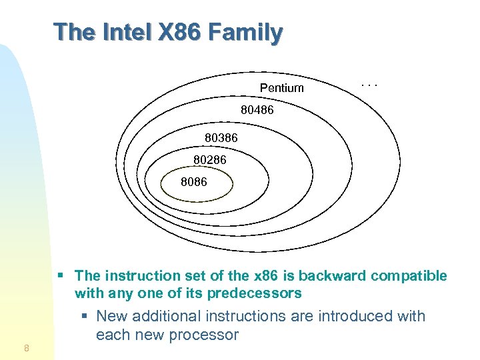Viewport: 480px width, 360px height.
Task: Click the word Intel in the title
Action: coord(123,31)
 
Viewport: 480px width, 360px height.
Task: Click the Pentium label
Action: coord(281,88)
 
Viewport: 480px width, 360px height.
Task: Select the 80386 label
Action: coord(221,138)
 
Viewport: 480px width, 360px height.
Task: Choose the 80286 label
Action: coord(210,160)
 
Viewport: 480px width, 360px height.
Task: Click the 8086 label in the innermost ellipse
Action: coord(194,181)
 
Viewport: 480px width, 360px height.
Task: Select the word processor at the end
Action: coord(207,335)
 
